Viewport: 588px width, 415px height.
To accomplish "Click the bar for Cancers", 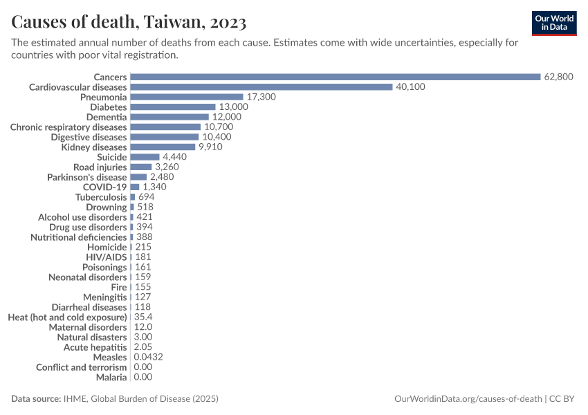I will [335, 77].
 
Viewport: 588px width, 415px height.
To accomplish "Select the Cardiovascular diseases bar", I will [261, 87].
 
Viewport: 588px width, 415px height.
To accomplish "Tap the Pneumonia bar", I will [187, 97].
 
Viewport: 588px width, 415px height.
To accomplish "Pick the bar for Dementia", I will [169, 117].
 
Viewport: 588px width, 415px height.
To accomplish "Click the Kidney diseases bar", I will [163, 147].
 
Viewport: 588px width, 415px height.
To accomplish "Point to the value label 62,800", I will [559, 77].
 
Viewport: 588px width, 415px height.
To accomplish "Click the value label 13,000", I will [233, 107].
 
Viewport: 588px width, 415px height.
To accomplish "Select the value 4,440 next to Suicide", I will [174, 157].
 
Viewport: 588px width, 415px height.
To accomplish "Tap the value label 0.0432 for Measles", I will [149, 357].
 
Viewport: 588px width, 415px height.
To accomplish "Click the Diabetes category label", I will [109, 107].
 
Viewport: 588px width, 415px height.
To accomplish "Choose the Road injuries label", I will [100, 167].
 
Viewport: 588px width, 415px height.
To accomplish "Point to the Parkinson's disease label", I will [87, 177].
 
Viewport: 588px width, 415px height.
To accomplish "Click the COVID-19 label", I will [105, 187].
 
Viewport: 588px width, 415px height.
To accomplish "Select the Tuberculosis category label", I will [101, 197].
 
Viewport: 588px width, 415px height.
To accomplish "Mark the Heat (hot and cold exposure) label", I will [67, 317].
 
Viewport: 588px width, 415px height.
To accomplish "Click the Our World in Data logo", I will [554, 23].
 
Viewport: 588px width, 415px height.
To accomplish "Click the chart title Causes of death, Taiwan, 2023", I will [129, 23].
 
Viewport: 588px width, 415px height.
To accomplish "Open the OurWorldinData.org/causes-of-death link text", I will [468, 399].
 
